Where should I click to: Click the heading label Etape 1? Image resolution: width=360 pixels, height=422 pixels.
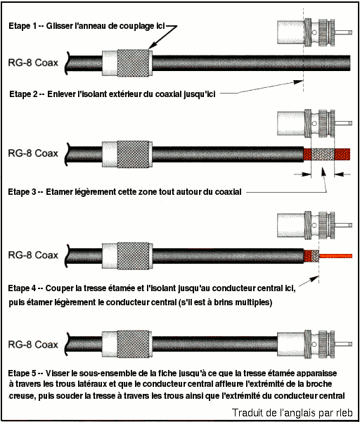23,26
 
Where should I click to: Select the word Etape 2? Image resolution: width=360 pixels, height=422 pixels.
24,94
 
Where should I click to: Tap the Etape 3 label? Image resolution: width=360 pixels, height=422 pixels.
22,192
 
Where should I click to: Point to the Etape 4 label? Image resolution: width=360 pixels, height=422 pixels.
22,288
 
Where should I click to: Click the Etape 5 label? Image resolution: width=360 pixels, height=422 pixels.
22,373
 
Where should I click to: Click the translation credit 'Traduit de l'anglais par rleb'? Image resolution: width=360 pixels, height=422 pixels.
292,413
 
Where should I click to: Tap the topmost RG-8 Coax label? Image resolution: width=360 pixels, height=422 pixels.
33,63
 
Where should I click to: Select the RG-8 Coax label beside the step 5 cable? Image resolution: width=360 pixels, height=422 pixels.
33,345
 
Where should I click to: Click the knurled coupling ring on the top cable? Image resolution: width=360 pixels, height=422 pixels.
133,63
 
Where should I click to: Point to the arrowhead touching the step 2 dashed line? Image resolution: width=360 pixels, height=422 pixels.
299,82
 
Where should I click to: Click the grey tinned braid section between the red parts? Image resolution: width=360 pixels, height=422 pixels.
323,155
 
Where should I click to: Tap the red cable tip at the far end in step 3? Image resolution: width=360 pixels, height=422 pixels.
342,155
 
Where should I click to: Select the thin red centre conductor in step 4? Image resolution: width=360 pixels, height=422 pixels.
336,256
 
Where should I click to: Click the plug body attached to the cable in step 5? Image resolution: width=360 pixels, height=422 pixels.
315,345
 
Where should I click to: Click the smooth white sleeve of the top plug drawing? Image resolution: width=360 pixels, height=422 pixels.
290,32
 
